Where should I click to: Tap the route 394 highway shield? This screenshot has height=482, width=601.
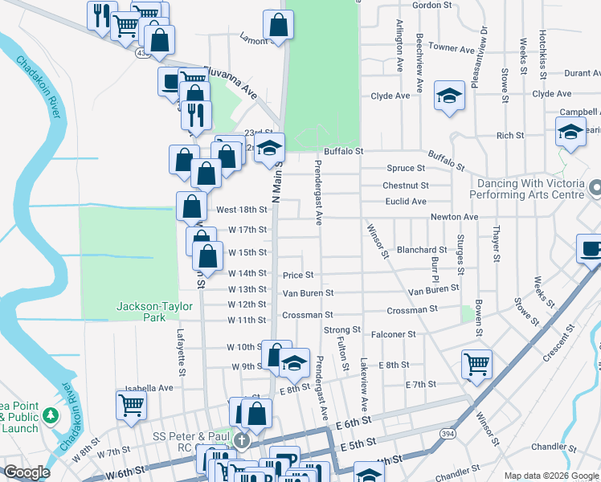[x=446, y=434]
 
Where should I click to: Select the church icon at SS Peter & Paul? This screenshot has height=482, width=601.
[x=241, y=440]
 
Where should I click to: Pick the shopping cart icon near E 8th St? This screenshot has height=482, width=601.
[x=476, y=364]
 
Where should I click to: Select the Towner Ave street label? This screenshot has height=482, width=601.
[x=452, y=48]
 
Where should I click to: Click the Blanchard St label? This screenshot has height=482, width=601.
[x=422, y=250]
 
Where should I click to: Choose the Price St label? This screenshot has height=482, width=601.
[x=297, y=276]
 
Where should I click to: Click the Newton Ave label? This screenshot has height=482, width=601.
[x=454, y=217]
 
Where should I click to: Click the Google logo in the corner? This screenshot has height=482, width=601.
[x=27, y=472]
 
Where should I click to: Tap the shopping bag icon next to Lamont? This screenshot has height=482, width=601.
[x=278, y=26]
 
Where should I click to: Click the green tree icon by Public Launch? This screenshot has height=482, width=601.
[x=51, y=415]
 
